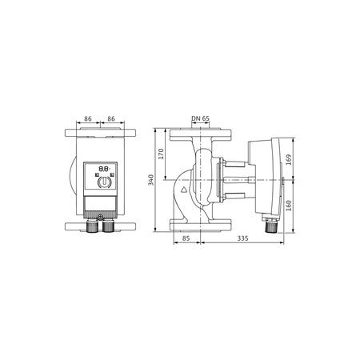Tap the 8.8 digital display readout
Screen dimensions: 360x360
[x=103, y=170]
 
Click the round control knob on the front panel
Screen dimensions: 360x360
[x=103, y=183]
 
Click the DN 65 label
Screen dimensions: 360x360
[x=201, y=118]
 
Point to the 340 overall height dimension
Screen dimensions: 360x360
[x=152, y=182]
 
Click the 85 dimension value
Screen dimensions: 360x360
[x=185, y=238]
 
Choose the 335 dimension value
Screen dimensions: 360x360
[x=242, y=238]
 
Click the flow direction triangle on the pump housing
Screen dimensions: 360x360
[x=184, y=191]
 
